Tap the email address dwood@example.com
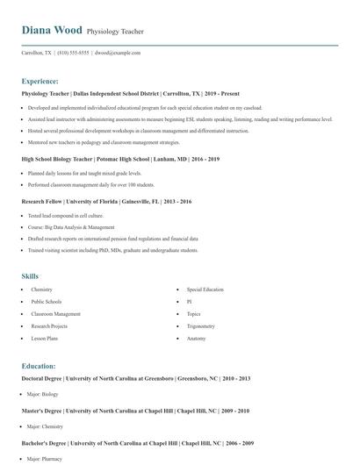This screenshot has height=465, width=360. [119, 53]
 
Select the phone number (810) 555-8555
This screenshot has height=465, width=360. [73, 53]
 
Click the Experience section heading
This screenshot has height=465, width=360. [40, 81]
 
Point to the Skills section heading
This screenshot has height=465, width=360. [30, 276]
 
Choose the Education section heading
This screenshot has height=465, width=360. [39, 366]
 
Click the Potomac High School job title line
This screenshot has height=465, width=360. [120, 159]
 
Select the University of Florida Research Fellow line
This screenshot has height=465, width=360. [106, 201]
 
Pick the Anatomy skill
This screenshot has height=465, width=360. [196, 338]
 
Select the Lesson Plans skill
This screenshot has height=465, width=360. [45, 338]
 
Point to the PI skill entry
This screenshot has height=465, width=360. [189, 301]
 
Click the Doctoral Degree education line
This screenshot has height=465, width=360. [136, 378]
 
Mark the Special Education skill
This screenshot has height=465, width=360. [205, 289]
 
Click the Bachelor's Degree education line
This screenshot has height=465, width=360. [137, 443]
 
